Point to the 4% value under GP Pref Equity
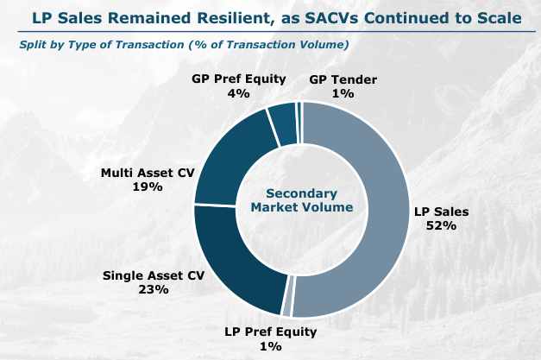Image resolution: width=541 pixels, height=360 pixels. coord(237,92)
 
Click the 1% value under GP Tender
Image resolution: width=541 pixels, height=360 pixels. coord(342,92)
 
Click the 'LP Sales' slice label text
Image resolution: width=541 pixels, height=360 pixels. coord(440,211)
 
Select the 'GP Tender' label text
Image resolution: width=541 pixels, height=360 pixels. coord(342,79)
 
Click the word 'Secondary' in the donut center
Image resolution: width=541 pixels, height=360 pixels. coord(301,194)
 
